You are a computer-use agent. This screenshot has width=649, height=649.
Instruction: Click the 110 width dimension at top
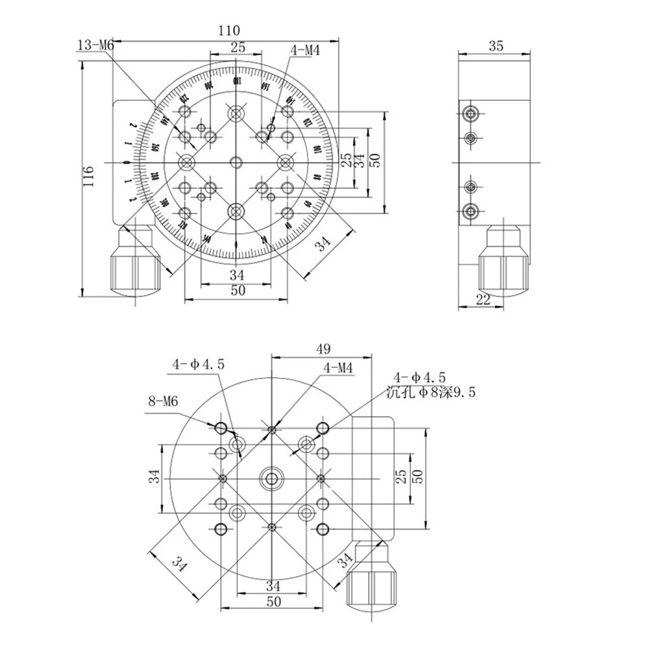click(x=228, y=30)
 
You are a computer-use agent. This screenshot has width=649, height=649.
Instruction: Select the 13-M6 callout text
click(x=95, y=45)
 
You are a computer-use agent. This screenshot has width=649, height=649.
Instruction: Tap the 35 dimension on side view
click(x=496, y=45)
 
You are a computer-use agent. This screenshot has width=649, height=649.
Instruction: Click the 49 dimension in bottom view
click(x=323, y=349)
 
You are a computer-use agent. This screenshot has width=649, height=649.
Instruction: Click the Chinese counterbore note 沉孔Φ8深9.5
click(x=431, y=392)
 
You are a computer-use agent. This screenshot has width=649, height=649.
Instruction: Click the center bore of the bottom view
click(x=272, y=478)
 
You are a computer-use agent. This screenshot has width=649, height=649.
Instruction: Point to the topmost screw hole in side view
click(x=470, y=115)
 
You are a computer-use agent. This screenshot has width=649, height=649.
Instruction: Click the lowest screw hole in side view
click(x=470, y=211)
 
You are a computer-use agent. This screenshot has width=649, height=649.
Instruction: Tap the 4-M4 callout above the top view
click(x=306, y=51)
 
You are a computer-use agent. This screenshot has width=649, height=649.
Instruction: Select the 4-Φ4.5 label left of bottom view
click(x=198, y=365)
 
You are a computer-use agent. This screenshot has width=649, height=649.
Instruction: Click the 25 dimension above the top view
click(x=238, y=46)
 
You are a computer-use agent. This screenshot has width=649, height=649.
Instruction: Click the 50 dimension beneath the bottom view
click(x=273, y=602)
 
